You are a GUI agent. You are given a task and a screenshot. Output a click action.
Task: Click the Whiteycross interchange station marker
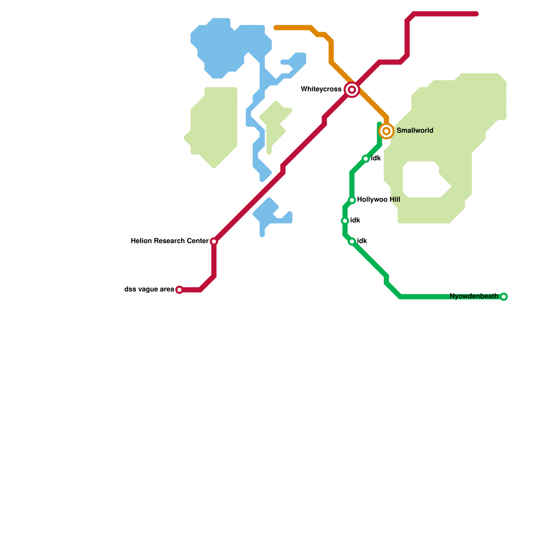[352, 90]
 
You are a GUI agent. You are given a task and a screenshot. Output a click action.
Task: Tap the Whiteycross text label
[321, 89]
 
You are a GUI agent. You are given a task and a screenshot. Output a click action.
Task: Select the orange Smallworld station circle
[386, 131]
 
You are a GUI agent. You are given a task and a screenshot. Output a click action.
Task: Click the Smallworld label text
[415, 131]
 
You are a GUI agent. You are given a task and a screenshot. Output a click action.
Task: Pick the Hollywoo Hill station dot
[352, 200]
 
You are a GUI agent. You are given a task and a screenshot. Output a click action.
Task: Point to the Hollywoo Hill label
[378, 200]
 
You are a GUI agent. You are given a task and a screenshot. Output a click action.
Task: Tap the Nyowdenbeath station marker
[504, 297]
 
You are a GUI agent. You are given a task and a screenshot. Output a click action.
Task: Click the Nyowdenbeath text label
[474, 296]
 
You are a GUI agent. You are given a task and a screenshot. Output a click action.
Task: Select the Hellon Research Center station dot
[214, 241]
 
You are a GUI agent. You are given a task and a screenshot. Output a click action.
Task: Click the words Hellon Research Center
[169, 241]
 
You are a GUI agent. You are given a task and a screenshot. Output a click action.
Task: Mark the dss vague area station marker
[179, 290]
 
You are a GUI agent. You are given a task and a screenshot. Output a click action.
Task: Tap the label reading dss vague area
[149, 289]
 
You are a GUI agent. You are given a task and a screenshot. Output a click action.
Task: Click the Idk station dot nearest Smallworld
[366, 159]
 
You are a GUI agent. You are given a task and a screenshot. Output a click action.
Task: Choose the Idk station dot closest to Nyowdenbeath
[352, 241]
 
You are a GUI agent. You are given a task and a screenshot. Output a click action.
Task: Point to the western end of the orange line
[276, 28]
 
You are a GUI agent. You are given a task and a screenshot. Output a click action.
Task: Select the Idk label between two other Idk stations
[355, 220]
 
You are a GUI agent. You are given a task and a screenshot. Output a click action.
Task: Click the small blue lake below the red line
[269, 214]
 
